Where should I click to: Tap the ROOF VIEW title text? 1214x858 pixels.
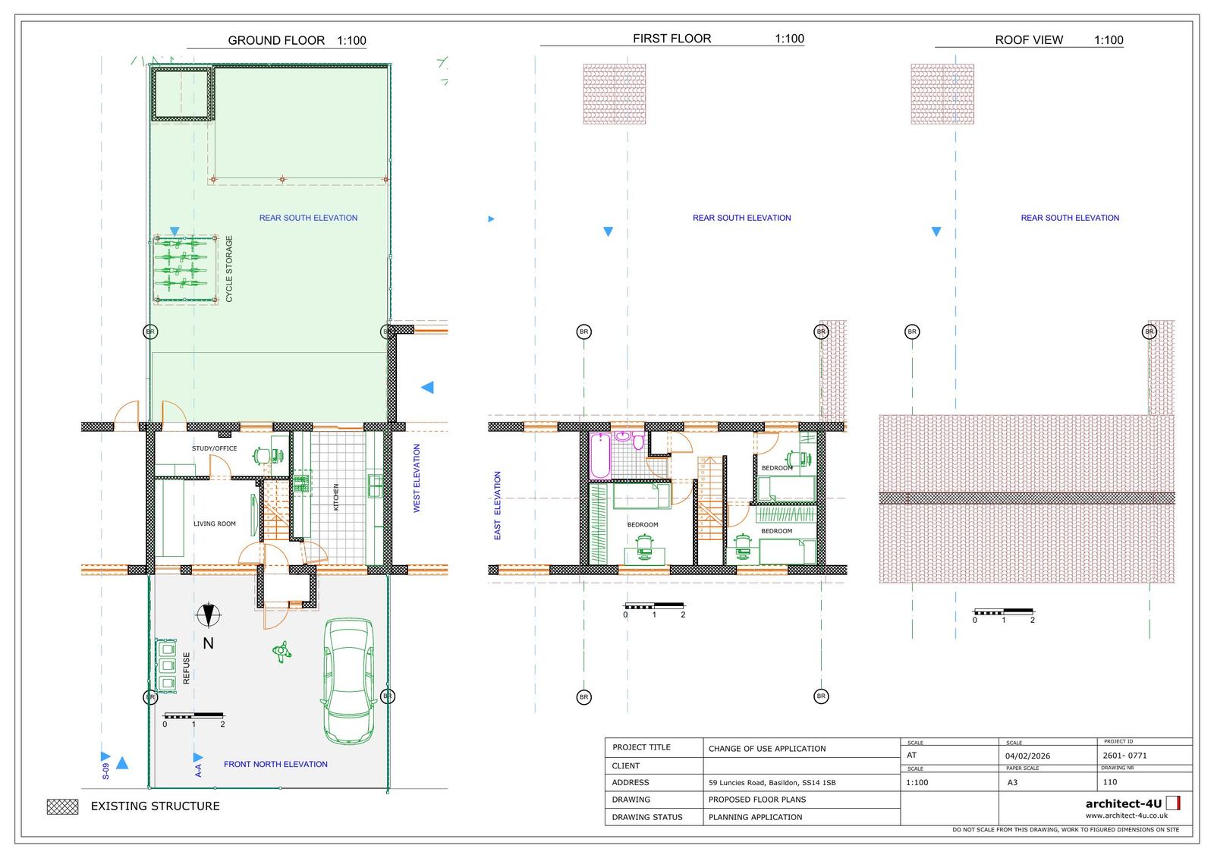(x=1028, y=40)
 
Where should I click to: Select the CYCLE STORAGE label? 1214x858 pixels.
(x=229, y=269)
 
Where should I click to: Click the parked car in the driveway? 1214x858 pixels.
(x=348, y=680)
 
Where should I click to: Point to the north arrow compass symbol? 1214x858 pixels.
(x=207, y=615)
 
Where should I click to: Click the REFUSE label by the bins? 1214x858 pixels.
(x=187, y=668)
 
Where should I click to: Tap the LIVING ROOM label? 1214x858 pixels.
(x=215, y=523)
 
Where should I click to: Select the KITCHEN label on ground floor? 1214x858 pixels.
(x=336, y=497)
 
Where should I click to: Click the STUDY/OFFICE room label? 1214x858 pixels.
(x=214, y=448)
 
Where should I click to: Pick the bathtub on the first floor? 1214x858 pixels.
(x=599, y=456)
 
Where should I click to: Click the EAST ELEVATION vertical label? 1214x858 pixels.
(x=498, y=505)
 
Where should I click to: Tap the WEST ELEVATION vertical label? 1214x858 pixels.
(x=417, y=478)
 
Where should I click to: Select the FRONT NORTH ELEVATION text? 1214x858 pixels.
(x=275, y=764)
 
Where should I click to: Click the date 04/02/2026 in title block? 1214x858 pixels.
(x=1027, y=756)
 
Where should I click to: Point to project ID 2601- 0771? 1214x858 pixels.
(x=1124, y=755)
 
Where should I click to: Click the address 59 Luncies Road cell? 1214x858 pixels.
(x=772, y=782)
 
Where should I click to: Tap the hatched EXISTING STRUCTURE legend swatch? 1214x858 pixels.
(x=62, y=806)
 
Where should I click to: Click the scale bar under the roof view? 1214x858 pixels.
(x=1003, y=611)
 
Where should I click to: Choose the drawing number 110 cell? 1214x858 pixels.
(x=1109, y=781)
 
